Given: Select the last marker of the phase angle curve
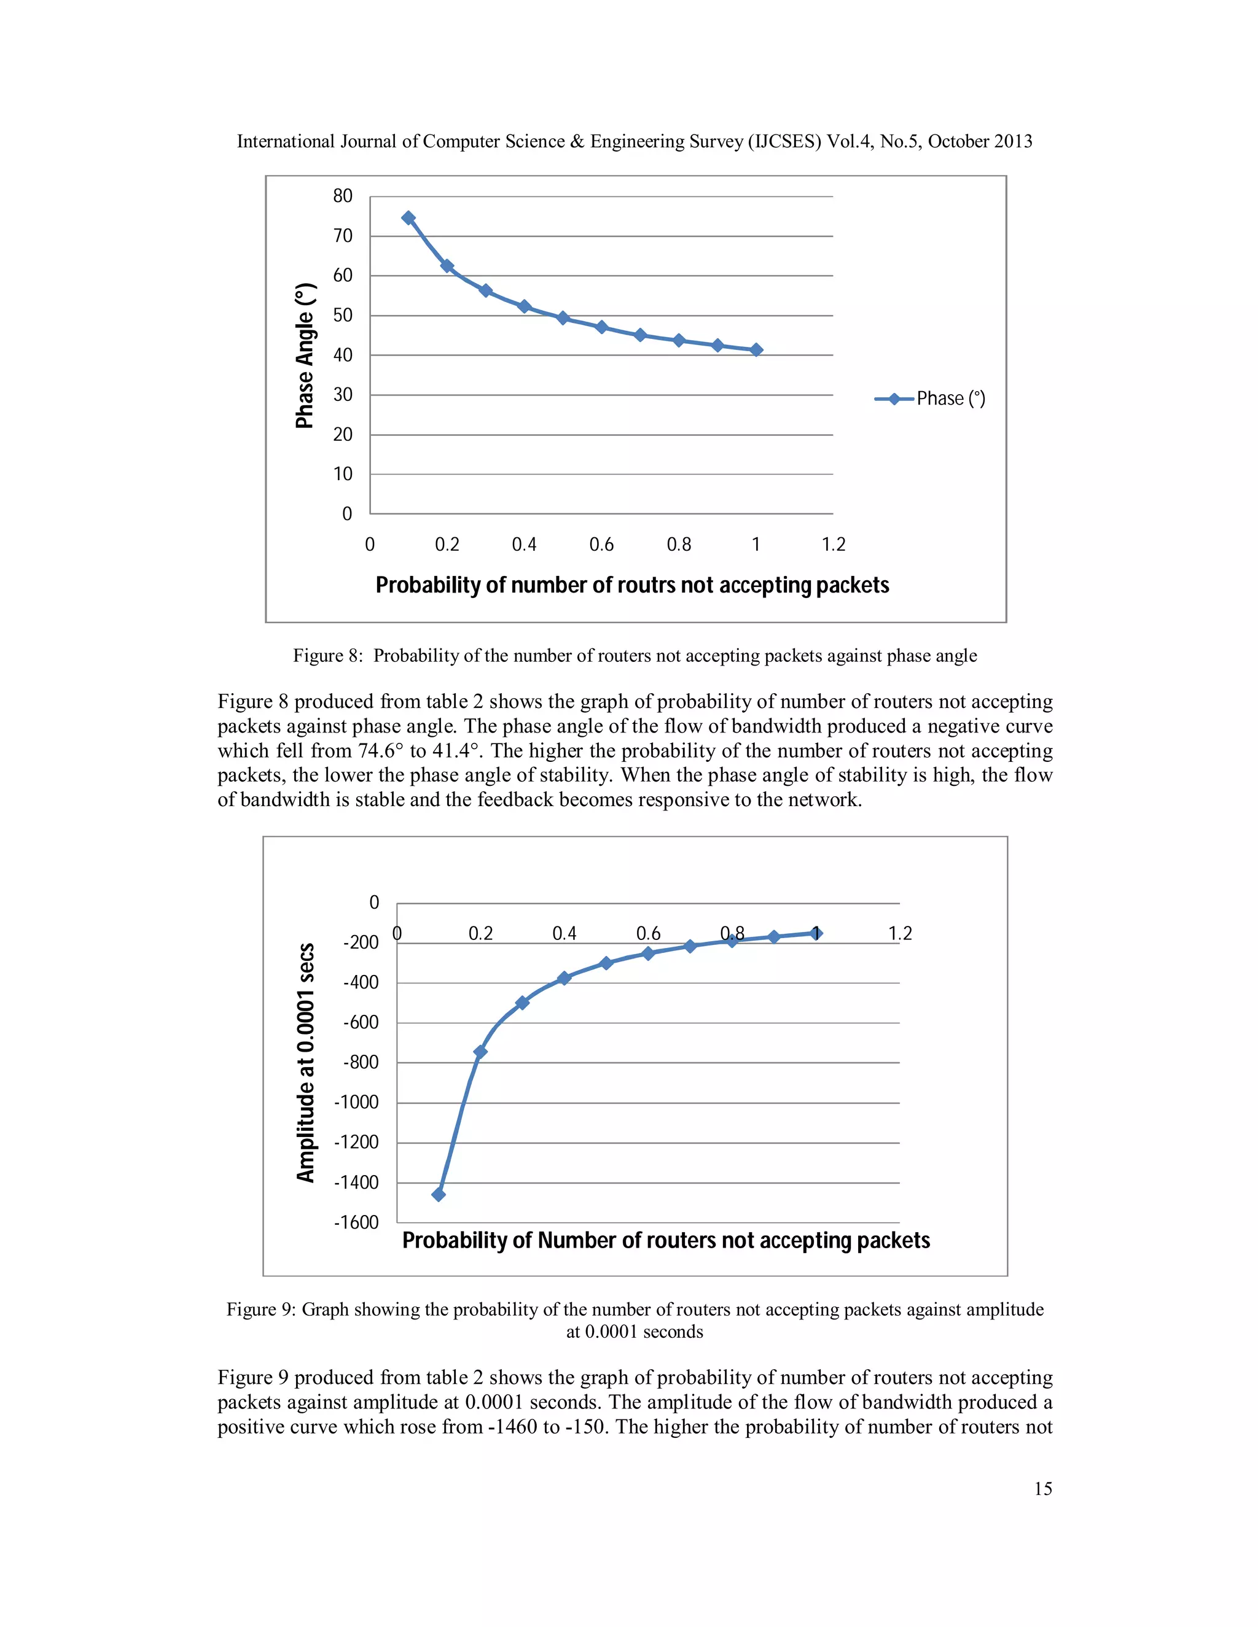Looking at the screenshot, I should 756,349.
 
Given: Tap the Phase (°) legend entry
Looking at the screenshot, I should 930,398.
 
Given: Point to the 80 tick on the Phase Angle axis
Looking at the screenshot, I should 343,196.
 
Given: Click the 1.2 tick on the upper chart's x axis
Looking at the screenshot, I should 833,545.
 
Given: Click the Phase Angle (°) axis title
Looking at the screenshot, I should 305,355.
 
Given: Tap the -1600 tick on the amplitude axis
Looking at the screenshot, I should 357,1222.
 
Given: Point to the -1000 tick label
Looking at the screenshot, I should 357,1103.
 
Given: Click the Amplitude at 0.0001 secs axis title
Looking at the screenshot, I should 305,1062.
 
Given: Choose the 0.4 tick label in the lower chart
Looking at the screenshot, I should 564,933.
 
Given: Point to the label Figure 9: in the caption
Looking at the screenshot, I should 262,1310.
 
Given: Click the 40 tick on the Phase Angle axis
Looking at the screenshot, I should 343,355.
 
